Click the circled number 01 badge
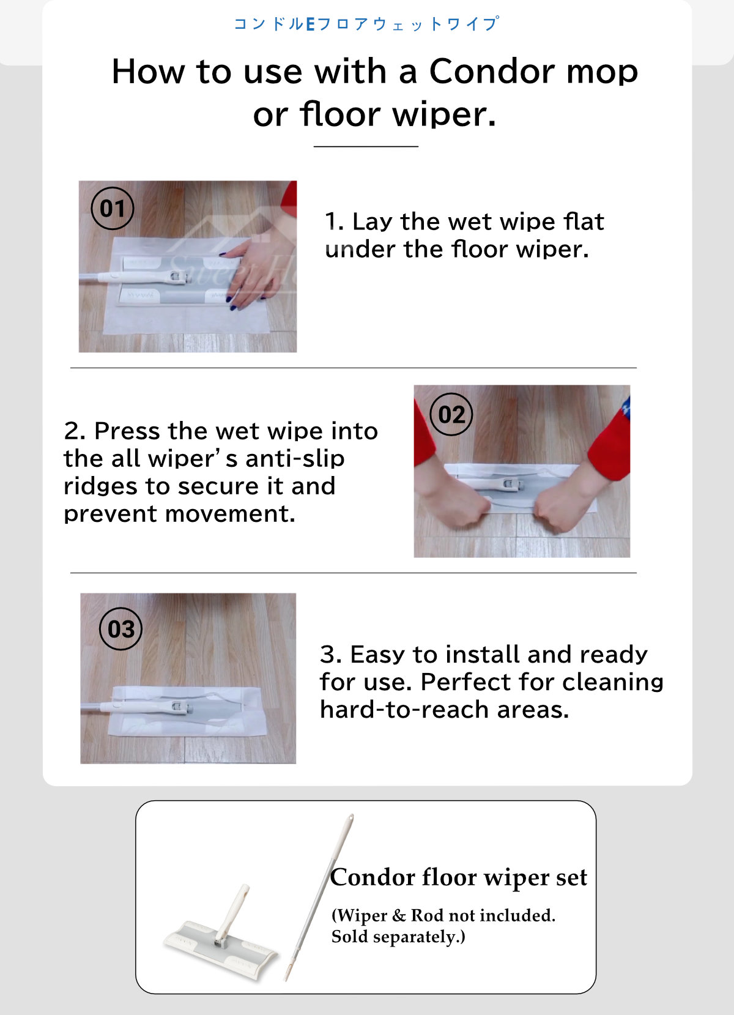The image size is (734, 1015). click(x=113, y=209)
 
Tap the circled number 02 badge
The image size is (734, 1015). click(x=451, y=415)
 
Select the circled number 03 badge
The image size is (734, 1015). click(x=121, y=629)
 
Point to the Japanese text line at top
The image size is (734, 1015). click(x=366, y=24)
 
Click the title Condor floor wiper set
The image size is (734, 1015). click(x=458, y=877)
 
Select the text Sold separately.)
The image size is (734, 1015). click(x=398, y=937)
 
